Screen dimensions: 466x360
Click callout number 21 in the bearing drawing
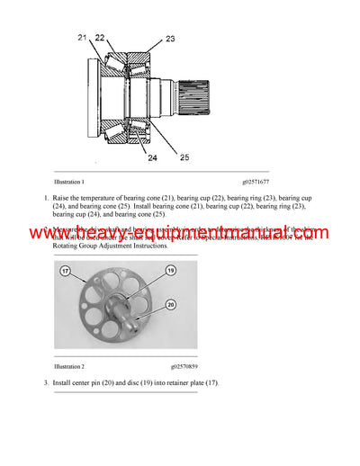[82, 37]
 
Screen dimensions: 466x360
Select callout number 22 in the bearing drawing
[99, 37]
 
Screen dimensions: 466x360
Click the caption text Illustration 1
[70, 182]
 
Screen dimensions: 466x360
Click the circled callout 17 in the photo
[66, 270]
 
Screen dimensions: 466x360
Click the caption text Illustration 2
[70, 367]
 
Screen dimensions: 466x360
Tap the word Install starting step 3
[63, 385]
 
